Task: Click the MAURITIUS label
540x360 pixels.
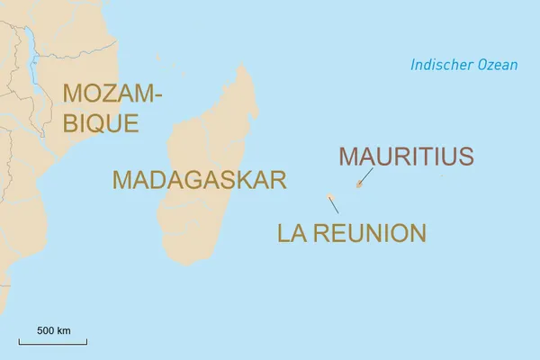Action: click(x=405, y=157)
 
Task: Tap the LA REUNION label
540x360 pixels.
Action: click(x=351, y=233)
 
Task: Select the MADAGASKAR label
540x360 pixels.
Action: click(x=199, y=179)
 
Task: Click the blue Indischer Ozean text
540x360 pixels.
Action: click(x=463, y=65)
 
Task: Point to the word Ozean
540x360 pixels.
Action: click(x=499, y=65)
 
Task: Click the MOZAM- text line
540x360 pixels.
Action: click(x=107, y=93)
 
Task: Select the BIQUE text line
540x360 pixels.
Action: click(x=100, y=122)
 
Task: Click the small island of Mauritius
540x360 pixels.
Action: click(x=358, y=186)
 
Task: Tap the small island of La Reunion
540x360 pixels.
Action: click(x=329, y=196)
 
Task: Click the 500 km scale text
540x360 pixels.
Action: click(x=53, y=330)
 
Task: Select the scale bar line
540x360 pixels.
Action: click(x=53, y=342)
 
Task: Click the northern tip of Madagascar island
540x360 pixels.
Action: click(x=240, y=65)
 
